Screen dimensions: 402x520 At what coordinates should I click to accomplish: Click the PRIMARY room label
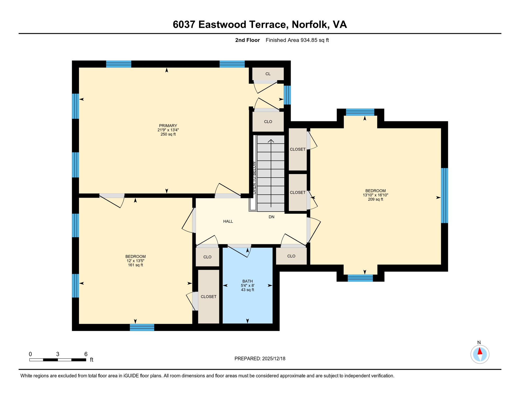click(x=168, y=126)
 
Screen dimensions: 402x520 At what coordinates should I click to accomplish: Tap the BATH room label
click(x=247, y=281)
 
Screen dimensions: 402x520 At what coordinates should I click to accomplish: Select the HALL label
click(x=228, y=221)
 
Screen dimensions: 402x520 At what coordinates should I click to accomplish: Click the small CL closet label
click(x=268, y=74)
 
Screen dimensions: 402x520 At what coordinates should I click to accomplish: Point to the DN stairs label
click(x=271, y=217)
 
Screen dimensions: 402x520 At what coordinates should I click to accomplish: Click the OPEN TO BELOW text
click(x=254, y=178)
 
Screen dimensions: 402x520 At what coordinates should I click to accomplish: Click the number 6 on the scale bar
click(x=86, y=354)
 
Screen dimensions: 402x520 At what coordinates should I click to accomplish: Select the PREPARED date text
click(x=260, y=359)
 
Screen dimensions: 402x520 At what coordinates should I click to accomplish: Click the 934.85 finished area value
click(x=309, y=40)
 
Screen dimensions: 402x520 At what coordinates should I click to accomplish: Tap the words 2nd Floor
click(x=247, y=40)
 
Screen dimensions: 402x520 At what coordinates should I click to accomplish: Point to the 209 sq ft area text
click(x=375, y=199)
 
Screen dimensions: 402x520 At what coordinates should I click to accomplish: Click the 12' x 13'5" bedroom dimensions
click(x=135, y=261)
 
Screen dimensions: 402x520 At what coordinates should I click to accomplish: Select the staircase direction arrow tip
click(x=271, y=141)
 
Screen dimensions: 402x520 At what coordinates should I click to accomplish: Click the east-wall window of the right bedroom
click(x=444, y=196)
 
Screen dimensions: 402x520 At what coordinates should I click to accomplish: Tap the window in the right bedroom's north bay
click(x=360, y=112)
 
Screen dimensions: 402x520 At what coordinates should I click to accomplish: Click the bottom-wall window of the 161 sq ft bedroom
click(x=142, y=327)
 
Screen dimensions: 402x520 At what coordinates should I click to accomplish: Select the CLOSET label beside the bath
click(x=208, y=297)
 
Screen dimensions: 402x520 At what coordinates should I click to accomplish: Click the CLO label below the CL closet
click(x=268, y=122)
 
